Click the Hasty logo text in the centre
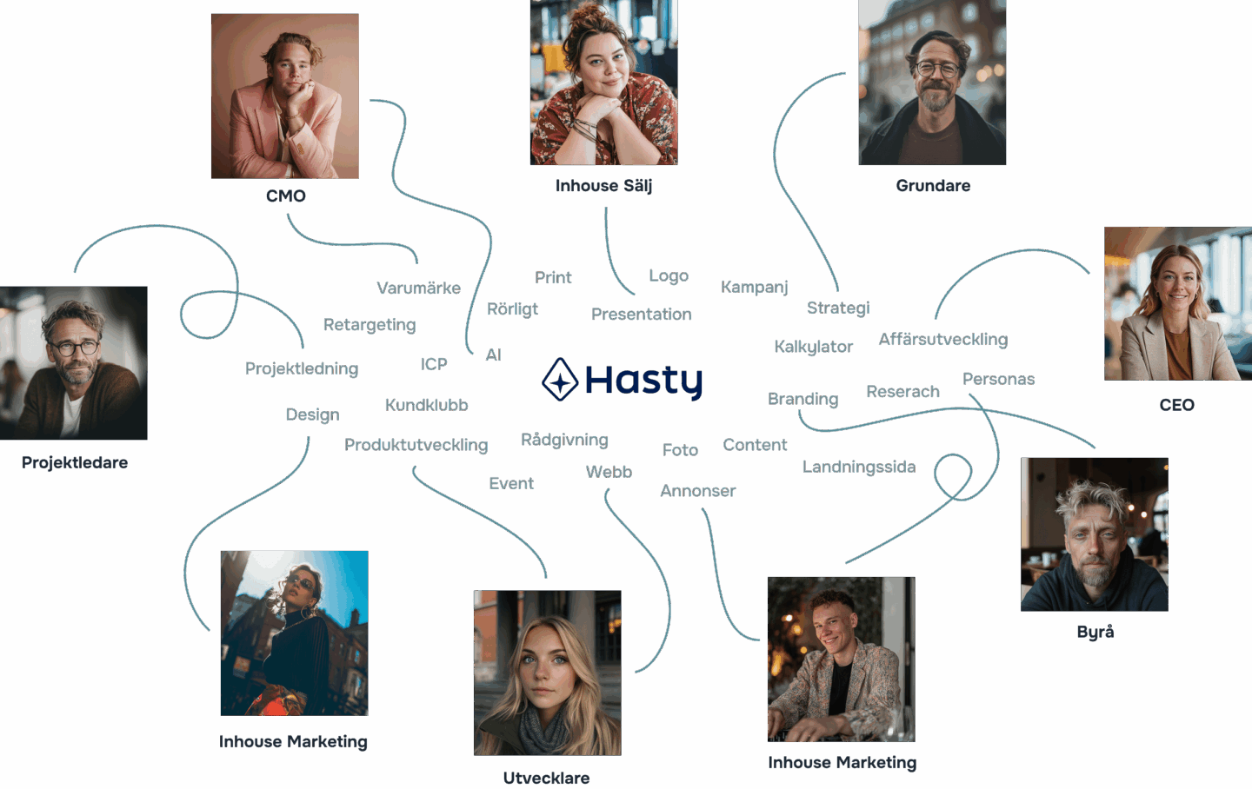pyautogui.click(x=643, y=381)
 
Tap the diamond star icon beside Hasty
pyautogui.click(x=560, y=380)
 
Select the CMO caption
pyautogui.click(x=286, y=196)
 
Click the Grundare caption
pyautogui.click(x=933, y=186)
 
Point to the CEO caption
pyautogui.click(x=1176, y=406)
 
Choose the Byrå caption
pyautogui.click(x=1095, y=633)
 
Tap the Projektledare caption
pyautogui.click(x=75, y=463)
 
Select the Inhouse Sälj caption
pyautogui.click(x=603, y=186)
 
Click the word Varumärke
pyautogui.click(x=418, y=288)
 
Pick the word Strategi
pyautogui.click(x=838, y=308)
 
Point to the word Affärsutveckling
pyautogui.click(x=943, y=340)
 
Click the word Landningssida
pyautogui.click(x=859, y=467)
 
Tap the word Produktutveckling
pyautogui.click(x=416, y=445)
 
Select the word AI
pyautogui.click(x=494, y=355)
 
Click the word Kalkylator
pyautogui.click(x=813, y=347)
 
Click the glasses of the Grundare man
pyautogui.click(x=937, y=69)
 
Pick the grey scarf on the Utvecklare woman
pyautogui.click(x=545, y=730)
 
